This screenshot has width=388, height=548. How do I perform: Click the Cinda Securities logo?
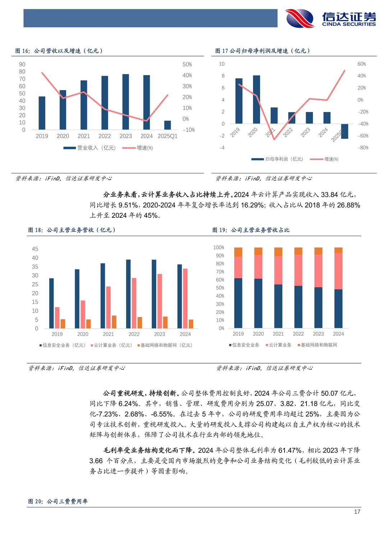(331, 18)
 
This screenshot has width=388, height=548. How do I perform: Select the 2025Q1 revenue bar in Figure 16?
(167, 125)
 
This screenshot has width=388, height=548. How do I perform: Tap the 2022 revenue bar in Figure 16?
(105, 103)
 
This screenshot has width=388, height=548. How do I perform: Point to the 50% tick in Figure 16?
(187, 65)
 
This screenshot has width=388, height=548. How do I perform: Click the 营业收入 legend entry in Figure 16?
(90, 148)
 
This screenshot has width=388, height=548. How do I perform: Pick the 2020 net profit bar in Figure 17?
(257, 99)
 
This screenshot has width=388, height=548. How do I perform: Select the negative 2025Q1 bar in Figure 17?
(345, 131)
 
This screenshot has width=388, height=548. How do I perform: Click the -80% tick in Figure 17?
(363, 148)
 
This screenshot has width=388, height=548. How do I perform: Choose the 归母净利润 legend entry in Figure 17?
(277, 159)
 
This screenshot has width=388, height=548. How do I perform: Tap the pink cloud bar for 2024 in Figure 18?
(185, 298)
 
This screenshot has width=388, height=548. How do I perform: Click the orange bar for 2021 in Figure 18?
(114, 322)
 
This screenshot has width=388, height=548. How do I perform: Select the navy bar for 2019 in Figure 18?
(51, 303)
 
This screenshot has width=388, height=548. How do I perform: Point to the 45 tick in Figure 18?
(35, 249)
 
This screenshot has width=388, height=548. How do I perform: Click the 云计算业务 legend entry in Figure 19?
(279, 345)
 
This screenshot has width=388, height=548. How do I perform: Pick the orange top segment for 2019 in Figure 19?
(238, 252)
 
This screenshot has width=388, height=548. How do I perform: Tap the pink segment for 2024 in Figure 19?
(338, 271)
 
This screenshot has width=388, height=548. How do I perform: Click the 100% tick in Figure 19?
(219, 248)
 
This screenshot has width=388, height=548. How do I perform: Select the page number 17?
(357, 512)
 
